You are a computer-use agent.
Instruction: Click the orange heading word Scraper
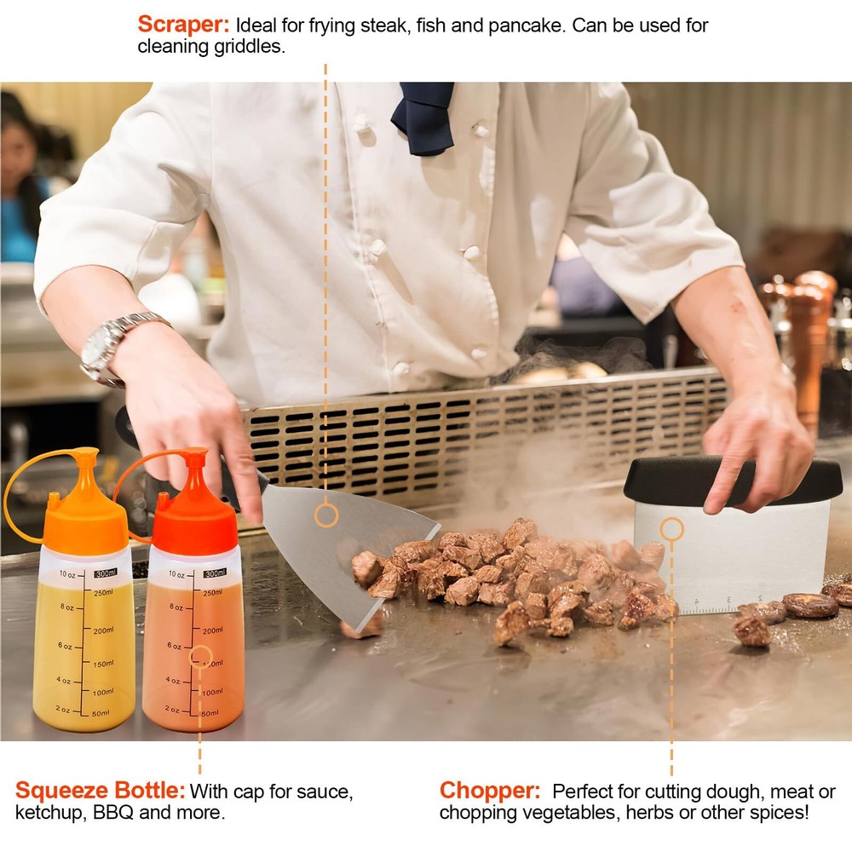(184, 25)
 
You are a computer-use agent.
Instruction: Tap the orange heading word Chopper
(490, 791)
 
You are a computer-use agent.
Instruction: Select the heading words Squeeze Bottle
(100, 791)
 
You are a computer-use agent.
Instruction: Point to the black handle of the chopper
(733, 480)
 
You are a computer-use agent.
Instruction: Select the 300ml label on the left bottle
(106, 573)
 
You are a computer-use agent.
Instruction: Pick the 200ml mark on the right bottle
(212, 630)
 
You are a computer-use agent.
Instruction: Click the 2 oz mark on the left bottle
(63, 709)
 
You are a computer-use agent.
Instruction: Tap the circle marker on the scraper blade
(326, 515)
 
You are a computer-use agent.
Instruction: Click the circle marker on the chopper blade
(671, 529)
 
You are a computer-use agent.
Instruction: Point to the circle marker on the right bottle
(200, 656)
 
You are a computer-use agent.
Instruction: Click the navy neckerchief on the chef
(423, 117)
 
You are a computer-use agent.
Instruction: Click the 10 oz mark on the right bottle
(176, 574)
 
